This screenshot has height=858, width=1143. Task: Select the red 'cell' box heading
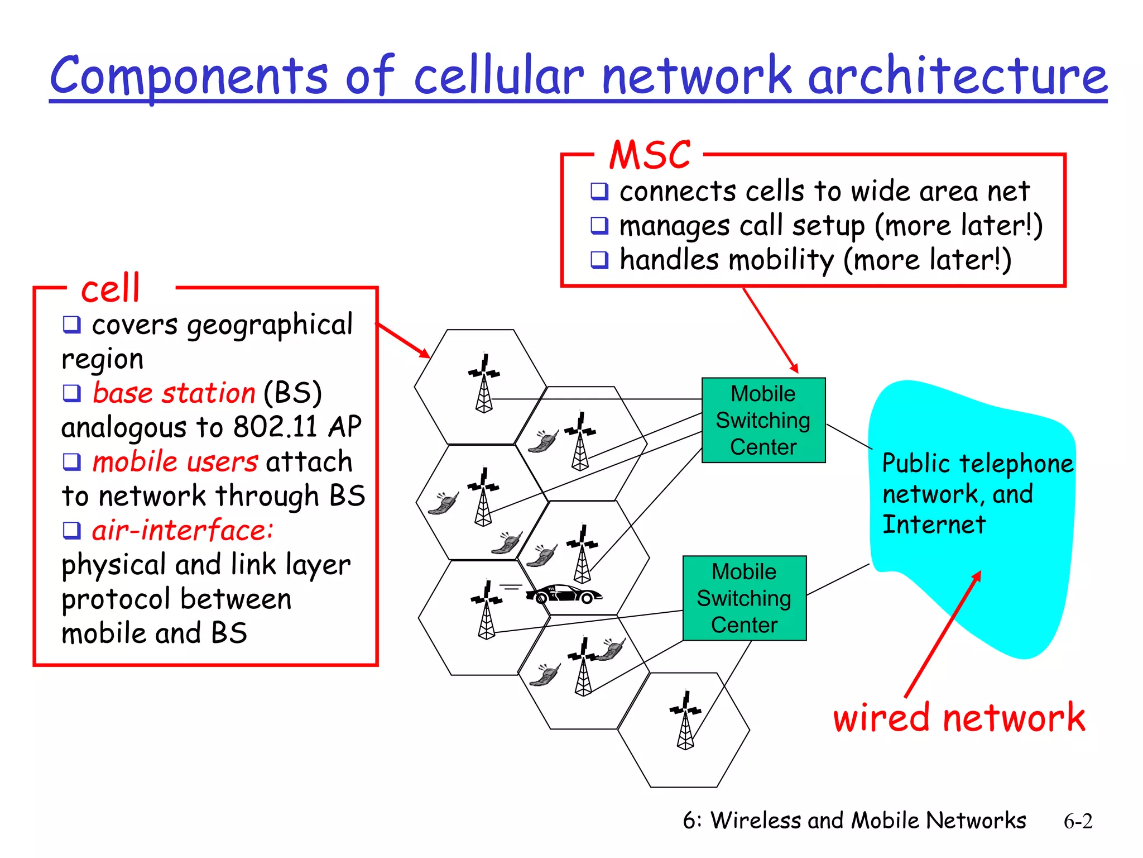click(111, 289)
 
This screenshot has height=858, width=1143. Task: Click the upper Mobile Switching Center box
click(763, 420)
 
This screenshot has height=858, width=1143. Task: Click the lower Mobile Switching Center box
click(744, 598)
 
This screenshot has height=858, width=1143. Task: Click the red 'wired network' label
click(959, 717)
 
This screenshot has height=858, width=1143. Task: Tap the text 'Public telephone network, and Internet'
click(977, 494)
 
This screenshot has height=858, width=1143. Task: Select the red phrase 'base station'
click(174, 393)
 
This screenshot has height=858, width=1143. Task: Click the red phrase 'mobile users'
click(175, 462)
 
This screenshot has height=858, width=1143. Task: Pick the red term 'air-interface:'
click(183, 531)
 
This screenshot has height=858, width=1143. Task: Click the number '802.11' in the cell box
click(275, 427)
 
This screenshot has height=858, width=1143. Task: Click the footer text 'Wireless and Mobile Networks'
click(868, 821)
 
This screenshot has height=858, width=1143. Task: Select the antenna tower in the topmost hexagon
click(484, 384)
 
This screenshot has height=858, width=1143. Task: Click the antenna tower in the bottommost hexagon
click(685, 721)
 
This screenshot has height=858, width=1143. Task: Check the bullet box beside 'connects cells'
click(599, 192)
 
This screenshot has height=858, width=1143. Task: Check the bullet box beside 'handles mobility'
click(599, 260)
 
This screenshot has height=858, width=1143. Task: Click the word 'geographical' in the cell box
click(270, 326)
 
